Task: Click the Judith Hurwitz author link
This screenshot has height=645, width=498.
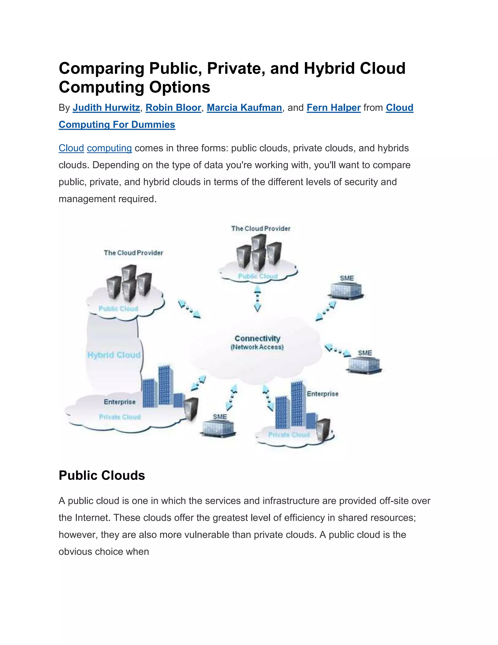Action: pos(106,108)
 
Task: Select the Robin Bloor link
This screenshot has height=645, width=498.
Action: pos(173,108)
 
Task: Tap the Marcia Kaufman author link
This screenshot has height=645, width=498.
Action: pos(244,108)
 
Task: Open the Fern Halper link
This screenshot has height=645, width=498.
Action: pos(333,108)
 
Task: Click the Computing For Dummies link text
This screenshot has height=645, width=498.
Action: pos(117,125)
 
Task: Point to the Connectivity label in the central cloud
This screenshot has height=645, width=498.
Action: pos(257,339)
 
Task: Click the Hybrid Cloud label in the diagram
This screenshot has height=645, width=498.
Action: pos(114,355)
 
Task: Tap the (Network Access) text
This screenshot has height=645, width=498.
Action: pos(257,347)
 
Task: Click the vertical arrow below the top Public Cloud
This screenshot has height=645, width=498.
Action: pos(258,299)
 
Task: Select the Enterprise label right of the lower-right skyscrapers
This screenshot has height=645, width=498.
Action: pos(322,394)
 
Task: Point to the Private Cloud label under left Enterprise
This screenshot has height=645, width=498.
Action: pos(120,417)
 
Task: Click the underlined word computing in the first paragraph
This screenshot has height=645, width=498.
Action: pos(109,148)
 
